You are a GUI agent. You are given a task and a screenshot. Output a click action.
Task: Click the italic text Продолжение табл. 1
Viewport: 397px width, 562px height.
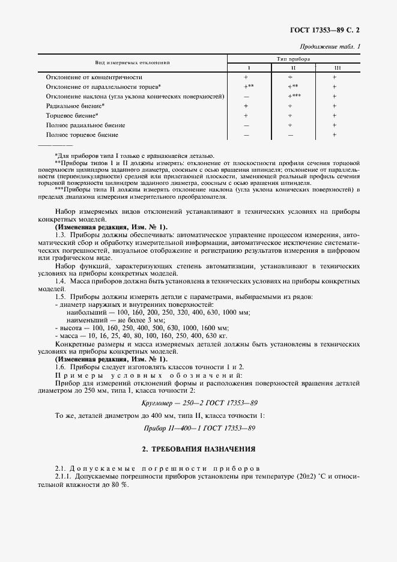coord(333,46)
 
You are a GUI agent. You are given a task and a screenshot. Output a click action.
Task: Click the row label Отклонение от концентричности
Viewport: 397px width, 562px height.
coord(94,77)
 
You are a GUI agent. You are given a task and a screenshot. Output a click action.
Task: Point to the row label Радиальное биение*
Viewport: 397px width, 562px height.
coord(75,106)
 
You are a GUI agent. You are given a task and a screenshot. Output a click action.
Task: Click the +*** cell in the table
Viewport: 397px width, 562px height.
coord(294,96)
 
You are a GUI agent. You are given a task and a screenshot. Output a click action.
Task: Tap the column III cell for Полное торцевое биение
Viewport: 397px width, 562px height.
coord(335,135)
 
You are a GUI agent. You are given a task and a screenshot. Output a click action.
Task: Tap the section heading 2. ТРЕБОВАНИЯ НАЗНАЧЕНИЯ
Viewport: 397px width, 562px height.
coord(198,449)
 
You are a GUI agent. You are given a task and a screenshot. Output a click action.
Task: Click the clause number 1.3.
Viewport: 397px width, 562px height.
coord(60,235)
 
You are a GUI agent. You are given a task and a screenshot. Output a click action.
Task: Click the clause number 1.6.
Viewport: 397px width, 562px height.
coord(60,366)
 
